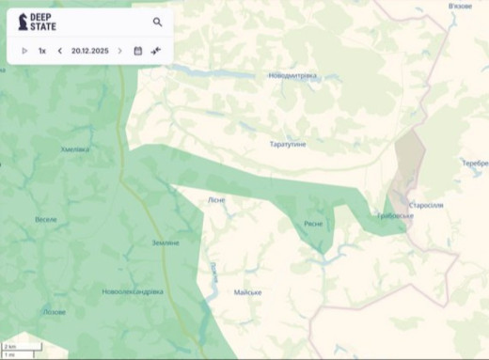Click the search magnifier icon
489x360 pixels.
[x=157, y=22]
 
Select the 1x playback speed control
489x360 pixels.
[x=42, y=51]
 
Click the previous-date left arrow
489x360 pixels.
[x=59, y=51]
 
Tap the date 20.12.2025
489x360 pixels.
[x=89, y=51]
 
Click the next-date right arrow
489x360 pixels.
[x=119, y=51]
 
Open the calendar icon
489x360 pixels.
[x=137, y=51]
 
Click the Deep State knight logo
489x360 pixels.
[x=23, y=22]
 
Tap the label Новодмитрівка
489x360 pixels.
[x=292, y=75]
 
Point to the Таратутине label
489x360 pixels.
[x=288, y=144]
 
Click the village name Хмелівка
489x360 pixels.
[x=75, y=149]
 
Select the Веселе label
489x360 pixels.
[x=46, y=219]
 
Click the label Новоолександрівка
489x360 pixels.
[x=133, y=291]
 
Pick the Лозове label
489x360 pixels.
[x=55, y=311]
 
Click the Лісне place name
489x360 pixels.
[x=216, y=200]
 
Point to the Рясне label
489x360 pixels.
[x=313, y=224]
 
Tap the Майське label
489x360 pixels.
[x=247, y=292]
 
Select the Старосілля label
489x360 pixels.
[x=426, y=205]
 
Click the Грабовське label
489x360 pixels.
[x=395, y=216]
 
